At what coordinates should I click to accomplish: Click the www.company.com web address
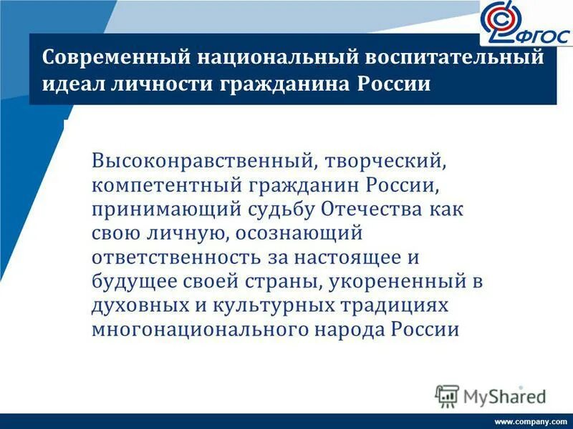click(x=530, y=421)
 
